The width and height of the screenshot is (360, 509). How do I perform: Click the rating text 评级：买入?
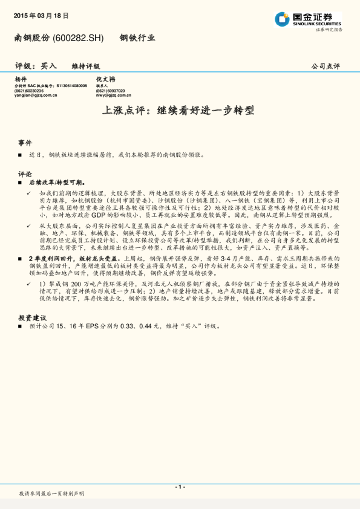pyautogui.click(x=36, y=66)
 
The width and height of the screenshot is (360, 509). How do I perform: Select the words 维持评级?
pyautogui.click(x=85, y=66)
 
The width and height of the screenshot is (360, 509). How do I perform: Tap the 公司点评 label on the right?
pyautogui.click(x=326, y=66)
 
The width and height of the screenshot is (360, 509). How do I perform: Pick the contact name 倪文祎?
pyautogui.click(x=105, y=79)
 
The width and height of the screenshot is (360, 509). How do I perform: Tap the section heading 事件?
pyautogui.click(x=25, y=143)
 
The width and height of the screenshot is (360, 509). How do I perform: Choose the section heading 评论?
pyautogui.click(x=25, y=172)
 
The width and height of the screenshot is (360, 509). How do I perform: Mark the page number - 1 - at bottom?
pyautogui.click(x=179, y=486)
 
